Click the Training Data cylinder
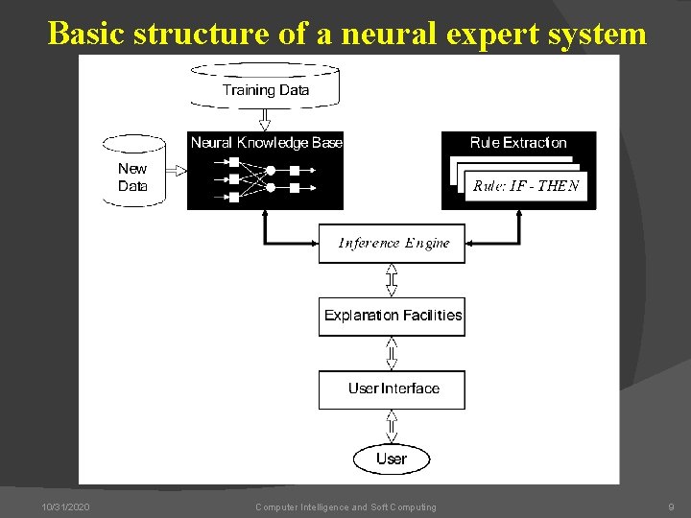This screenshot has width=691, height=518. tap(265, 86)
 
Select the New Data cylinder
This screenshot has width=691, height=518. tap(133, 173)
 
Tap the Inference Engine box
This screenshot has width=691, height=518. tap(392, 244)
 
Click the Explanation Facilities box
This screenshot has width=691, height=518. tap(392, 316)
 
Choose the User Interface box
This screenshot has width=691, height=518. tap(392, 388)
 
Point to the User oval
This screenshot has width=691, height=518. tap(392, 459)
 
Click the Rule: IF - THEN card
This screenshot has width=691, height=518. tap(525, 186)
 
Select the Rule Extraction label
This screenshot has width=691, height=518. tap(518, 143)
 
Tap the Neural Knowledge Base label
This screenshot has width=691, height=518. tap(266, 143)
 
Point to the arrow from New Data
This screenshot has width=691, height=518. tap(177, 171)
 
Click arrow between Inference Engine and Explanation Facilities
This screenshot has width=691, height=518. tap(392, 280)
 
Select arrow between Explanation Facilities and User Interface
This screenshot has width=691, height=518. tap(392, 352)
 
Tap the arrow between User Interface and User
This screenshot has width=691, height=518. tap(392, 425)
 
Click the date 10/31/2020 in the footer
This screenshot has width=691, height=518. tap(66, 506)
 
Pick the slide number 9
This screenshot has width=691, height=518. tap(671, 506)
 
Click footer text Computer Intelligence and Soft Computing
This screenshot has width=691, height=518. tap(345, 506)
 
